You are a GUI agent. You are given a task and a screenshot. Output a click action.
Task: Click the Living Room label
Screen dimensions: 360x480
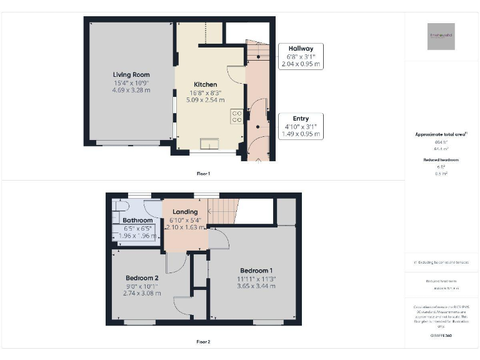131,74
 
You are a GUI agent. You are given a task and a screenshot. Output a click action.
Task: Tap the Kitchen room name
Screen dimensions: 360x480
205,84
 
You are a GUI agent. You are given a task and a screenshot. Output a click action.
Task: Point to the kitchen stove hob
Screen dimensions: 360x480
237,116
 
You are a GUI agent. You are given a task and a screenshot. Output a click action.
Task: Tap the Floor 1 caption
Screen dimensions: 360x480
203,173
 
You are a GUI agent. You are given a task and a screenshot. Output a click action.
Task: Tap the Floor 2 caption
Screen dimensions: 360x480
203,342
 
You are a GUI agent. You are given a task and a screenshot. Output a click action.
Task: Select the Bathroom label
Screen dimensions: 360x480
137,221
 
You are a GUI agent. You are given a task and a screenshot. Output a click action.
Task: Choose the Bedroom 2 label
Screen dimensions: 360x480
141,278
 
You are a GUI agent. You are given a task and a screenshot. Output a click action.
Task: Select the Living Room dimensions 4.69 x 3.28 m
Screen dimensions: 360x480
131,90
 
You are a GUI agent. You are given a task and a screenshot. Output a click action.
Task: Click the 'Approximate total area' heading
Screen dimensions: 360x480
441,134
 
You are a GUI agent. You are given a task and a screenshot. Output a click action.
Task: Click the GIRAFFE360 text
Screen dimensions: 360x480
441,336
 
